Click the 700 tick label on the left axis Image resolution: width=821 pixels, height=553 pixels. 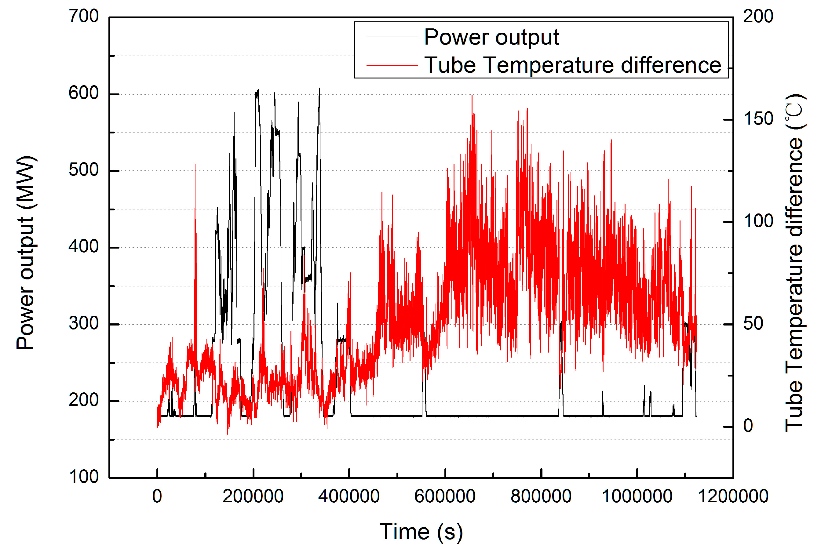tap(84, 16)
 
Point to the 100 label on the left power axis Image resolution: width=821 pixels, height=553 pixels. tap(84, 477)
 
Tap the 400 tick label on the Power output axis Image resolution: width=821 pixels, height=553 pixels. tap(84, 246)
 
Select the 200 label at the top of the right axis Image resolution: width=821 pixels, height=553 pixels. tap(758, 16)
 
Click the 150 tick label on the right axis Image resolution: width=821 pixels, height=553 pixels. tap(758, 119)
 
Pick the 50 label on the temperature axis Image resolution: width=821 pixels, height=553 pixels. tap(753, 323)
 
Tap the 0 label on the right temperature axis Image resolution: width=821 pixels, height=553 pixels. tap(748, 426)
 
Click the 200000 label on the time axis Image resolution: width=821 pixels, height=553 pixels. tap(253, 497)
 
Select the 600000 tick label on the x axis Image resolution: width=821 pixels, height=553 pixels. tap(445, 497)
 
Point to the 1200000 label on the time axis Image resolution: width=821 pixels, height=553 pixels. tap(733, 497)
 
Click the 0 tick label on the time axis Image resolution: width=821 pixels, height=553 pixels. tap(157, 497)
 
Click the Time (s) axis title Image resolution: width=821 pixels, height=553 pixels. tap(421, 532)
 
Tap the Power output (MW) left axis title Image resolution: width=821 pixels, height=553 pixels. tap(25, 252)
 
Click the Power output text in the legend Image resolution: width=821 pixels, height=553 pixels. tap(491, 37)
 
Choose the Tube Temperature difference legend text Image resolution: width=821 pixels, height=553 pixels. tap(573, 65)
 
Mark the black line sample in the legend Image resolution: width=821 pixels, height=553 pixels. tap(392, 37)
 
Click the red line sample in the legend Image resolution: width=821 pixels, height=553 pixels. tap(392, 65)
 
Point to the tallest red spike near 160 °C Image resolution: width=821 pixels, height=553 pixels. tap(472, 96)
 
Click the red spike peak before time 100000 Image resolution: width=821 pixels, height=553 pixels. tap(195, 164)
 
